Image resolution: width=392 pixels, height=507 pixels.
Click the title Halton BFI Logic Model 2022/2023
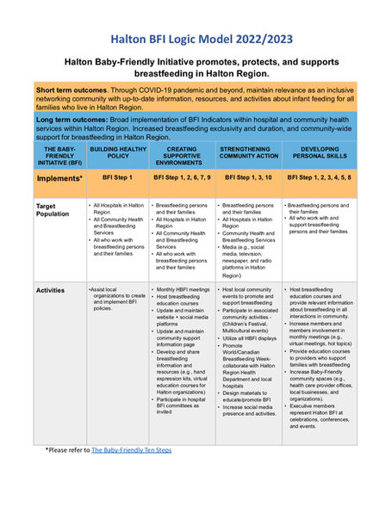coord(196,38)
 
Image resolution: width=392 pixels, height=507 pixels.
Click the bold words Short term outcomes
coord(72,90)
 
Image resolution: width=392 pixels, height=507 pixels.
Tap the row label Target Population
coord(54,211)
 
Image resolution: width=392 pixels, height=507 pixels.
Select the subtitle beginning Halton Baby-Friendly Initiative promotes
coord(196,68)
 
